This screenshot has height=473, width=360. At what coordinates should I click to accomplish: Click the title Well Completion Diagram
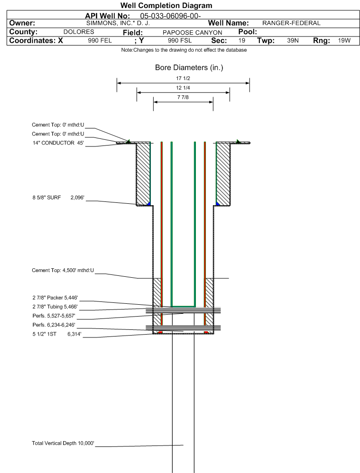166,6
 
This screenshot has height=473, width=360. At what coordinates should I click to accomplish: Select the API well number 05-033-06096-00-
171,16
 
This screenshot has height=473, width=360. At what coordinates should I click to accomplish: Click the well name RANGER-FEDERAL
291,23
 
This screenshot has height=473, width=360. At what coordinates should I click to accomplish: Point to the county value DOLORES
79,32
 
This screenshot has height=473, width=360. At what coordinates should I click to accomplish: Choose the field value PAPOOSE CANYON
192,33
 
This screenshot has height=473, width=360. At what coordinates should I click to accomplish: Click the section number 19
242,41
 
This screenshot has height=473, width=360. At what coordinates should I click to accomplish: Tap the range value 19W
344,41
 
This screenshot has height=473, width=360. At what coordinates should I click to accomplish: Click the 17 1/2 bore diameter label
183,79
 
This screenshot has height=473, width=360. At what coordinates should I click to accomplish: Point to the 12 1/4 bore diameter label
183,89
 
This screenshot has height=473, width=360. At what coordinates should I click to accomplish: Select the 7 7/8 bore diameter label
183,98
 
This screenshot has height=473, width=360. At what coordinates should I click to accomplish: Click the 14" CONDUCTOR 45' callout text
58,143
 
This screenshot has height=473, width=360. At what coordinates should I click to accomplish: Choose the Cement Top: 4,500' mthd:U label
63,270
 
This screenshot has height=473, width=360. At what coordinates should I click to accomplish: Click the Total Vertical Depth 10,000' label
63,443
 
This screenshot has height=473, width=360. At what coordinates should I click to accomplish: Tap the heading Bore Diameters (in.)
189,68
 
